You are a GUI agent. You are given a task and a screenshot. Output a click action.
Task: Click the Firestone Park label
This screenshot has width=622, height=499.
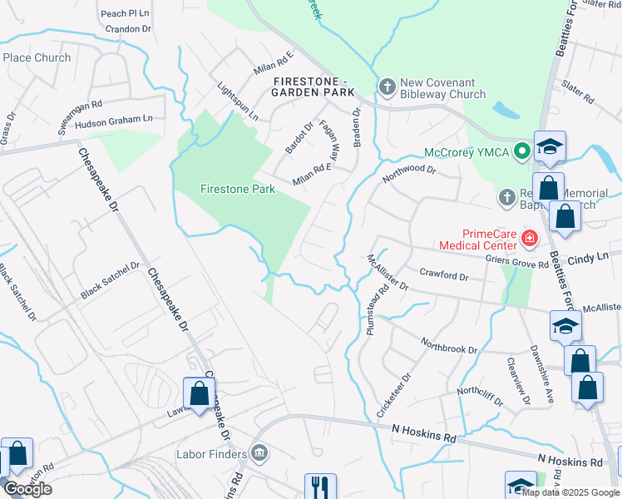coord(237,189)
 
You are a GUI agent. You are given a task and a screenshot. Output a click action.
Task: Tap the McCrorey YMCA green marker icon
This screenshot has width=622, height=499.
coord(521,151)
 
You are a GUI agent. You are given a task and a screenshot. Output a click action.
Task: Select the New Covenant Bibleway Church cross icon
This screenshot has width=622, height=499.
coord(387,86)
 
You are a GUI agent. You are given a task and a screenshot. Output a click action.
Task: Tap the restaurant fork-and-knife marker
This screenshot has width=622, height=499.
coord(320,487)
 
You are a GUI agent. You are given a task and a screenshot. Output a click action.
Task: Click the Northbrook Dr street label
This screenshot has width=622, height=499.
coord(449,345)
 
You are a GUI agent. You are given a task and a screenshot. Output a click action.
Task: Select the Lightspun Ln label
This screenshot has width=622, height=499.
coord(237,101)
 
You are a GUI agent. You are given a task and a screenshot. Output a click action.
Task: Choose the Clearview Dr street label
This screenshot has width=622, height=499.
coord(516,377)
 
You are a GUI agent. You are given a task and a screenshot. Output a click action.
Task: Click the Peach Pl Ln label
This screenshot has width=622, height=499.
coord(125,13)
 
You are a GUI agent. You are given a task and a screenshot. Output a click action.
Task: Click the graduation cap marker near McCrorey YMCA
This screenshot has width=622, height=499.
coord(550,148)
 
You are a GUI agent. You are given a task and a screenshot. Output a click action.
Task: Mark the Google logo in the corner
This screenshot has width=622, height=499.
coord(27,489)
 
